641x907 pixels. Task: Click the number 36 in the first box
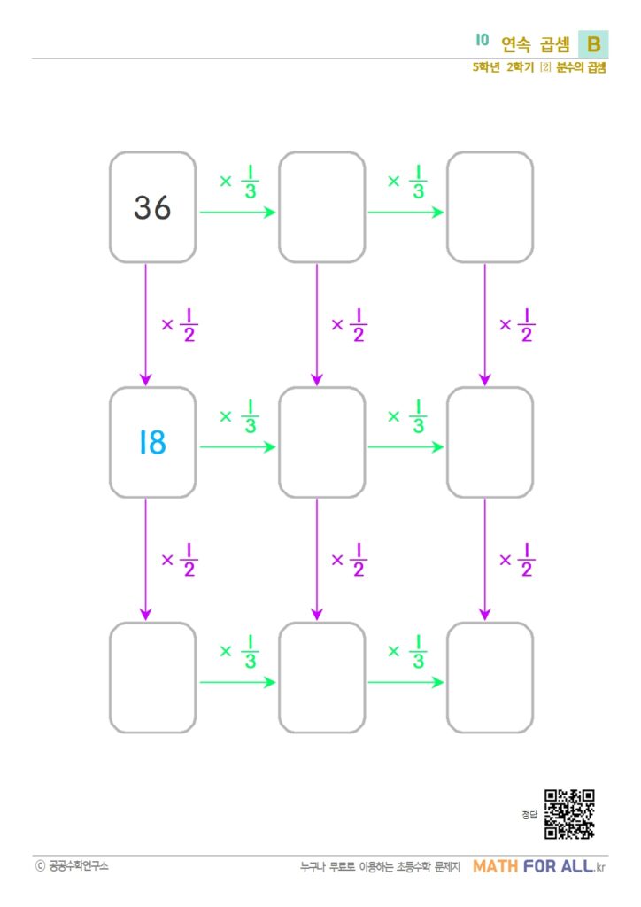point(152,207)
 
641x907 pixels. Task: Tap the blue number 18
point(152,443)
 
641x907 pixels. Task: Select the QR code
point(569,814)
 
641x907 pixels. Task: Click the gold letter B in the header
point(593,44)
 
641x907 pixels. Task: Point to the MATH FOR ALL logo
point(538,866)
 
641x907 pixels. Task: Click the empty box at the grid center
point(322,443)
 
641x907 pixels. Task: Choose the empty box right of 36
point(322,207)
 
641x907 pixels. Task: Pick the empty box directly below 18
point(152,678)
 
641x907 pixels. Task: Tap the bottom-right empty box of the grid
point(490,678)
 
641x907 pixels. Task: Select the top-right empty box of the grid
point(490,207)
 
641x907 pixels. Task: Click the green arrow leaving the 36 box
point(237,213)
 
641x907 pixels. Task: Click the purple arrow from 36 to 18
point(146,324)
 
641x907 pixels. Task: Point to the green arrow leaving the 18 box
point(237,447)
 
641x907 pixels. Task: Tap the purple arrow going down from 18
point(146,560)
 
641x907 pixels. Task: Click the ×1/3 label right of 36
point(239,182)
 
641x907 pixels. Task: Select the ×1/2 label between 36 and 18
point(180,325)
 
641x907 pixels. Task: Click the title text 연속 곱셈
point(536,44)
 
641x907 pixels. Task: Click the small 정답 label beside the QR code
point(529,815)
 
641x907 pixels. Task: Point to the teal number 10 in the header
point(482,40)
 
